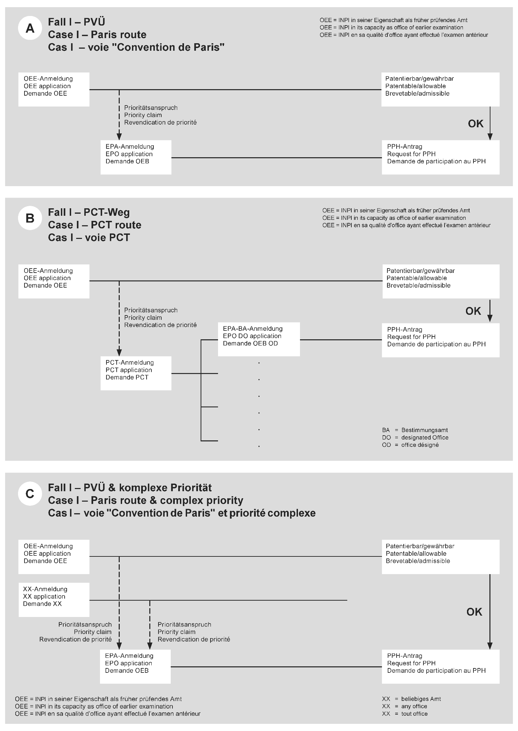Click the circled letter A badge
point(30,29)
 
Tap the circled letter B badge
point(30,218)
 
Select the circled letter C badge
point(30,493)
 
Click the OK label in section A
point(475,124)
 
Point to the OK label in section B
point(473,311)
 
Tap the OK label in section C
point(474,612)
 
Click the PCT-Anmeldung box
point(136,373)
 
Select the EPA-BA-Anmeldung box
point(259,339)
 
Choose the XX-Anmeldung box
point(54,600)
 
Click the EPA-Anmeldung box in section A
point(136,157)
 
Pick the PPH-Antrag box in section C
point(440,666)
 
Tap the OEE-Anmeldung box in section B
point(54,281)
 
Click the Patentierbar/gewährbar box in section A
point(440,89)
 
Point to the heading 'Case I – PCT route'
point(95,225)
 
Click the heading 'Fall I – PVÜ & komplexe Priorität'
point(130,488)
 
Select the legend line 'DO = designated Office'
point(415,438)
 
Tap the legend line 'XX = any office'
point(404,706)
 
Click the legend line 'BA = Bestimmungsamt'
point(415,430)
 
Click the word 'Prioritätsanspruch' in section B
point(151,310)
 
